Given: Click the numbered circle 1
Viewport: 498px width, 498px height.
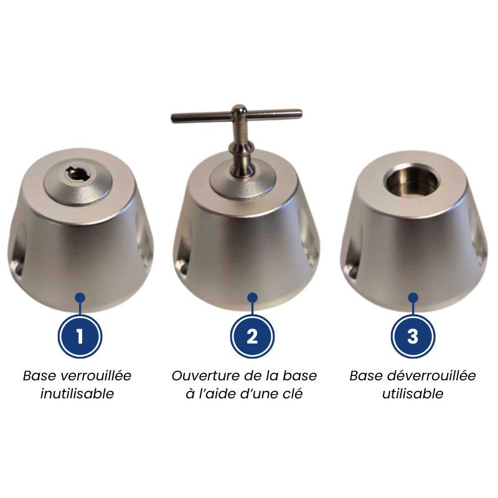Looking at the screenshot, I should pos(80,337).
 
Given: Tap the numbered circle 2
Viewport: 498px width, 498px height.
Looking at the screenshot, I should pos(252,337).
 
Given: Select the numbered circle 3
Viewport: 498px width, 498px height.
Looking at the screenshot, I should pos(413,337).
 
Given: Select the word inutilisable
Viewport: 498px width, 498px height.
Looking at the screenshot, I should pos(77,394).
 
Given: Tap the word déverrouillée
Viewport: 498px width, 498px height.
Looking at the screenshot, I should pos(428,376).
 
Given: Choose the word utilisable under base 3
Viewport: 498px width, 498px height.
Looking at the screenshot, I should pos(413,394).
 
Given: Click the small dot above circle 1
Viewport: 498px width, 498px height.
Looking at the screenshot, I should pos(80,298).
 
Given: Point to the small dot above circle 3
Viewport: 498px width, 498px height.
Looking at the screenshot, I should pos(413,298).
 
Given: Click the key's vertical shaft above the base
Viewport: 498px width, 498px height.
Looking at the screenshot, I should pos(240,143).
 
